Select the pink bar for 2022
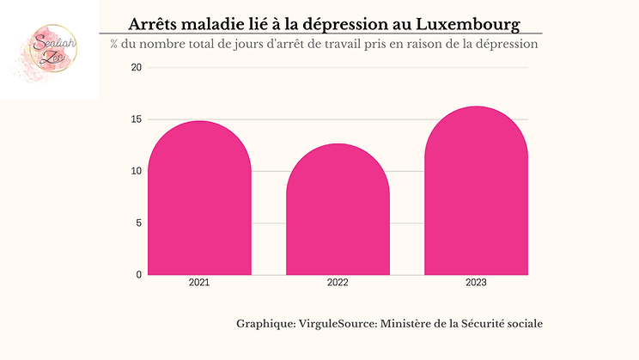pyautogui.click(x=338, y=211)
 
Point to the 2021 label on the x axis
pyautogui.click(x=199, y=282)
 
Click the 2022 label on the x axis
pyautogui.click(x=338, y=282)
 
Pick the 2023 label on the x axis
pyautogui.click(x=476, y=282)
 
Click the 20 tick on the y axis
pyautogui.click(x=136, y=67)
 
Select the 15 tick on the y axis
pyautogui.click(x=136, y=119)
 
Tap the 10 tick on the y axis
pyautogui.click(x=136, y=171)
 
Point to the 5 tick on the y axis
pyautogui.click(x=138, y=223)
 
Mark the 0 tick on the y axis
pyautogui.click(x=138, y=275)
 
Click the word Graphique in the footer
pyautogui.click(x=265, y=324)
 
